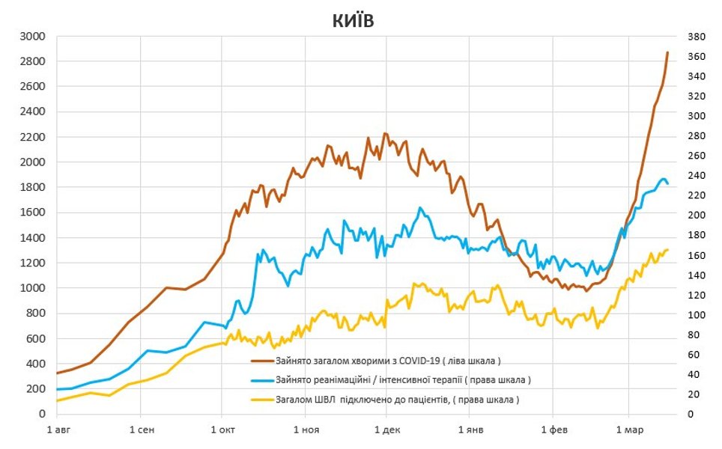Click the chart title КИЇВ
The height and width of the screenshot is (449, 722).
click(353, 22)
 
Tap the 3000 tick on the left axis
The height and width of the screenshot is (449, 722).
click(33, 36)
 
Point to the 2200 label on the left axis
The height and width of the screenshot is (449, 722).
click(33, 137)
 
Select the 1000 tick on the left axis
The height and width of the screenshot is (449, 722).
click(33, 288)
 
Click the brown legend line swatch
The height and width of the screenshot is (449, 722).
click(263, 360)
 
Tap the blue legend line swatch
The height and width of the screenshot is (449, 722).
click(263, 379)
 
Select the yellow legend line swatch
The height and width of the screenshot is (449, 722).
click(263, 400)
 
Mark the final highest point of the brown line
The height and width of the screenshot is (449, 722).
click(667, 52)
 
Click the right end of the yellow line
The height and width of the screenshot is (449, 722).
click(667, 250)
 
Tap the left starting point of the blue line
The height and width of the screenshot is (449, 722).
click(57, 389)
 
